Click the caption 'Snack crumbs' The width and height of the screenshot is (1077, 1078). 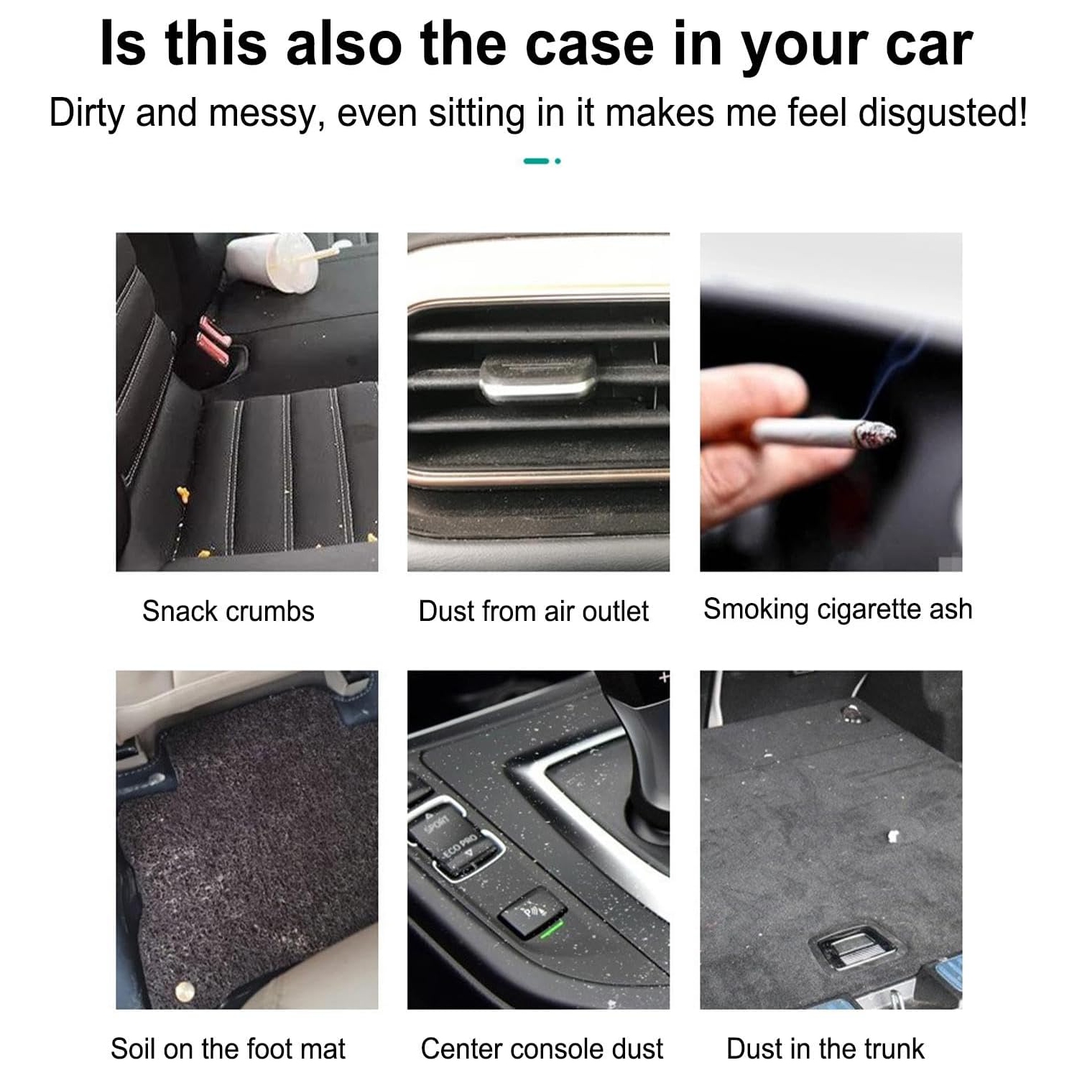click(228, 611)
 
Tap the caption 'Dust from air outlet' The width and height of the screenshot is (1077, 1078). click(533, 611)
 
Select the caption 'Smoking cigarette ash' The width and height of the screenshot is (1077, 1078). click(838, 609)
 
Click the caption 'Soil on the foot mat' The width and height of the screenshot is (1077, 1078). click(228, 1049)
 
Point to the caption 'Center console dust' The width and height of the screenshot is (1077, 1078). click(542, 1049)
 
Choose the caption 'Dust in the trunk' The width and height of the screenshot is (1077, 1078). click(826, 1049)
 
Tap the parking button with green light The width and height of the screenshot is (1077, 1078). click(532, 916)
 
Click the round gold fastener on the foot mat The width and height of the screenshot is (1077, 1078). click(185, 992)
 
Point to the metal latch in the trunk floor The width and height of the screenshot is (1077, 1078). click(854, 950)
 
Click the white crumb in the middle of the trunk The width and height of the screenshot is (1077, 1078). click(893, 836)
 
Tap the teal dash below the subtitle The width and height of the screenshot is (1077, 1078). click(536, 161)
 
